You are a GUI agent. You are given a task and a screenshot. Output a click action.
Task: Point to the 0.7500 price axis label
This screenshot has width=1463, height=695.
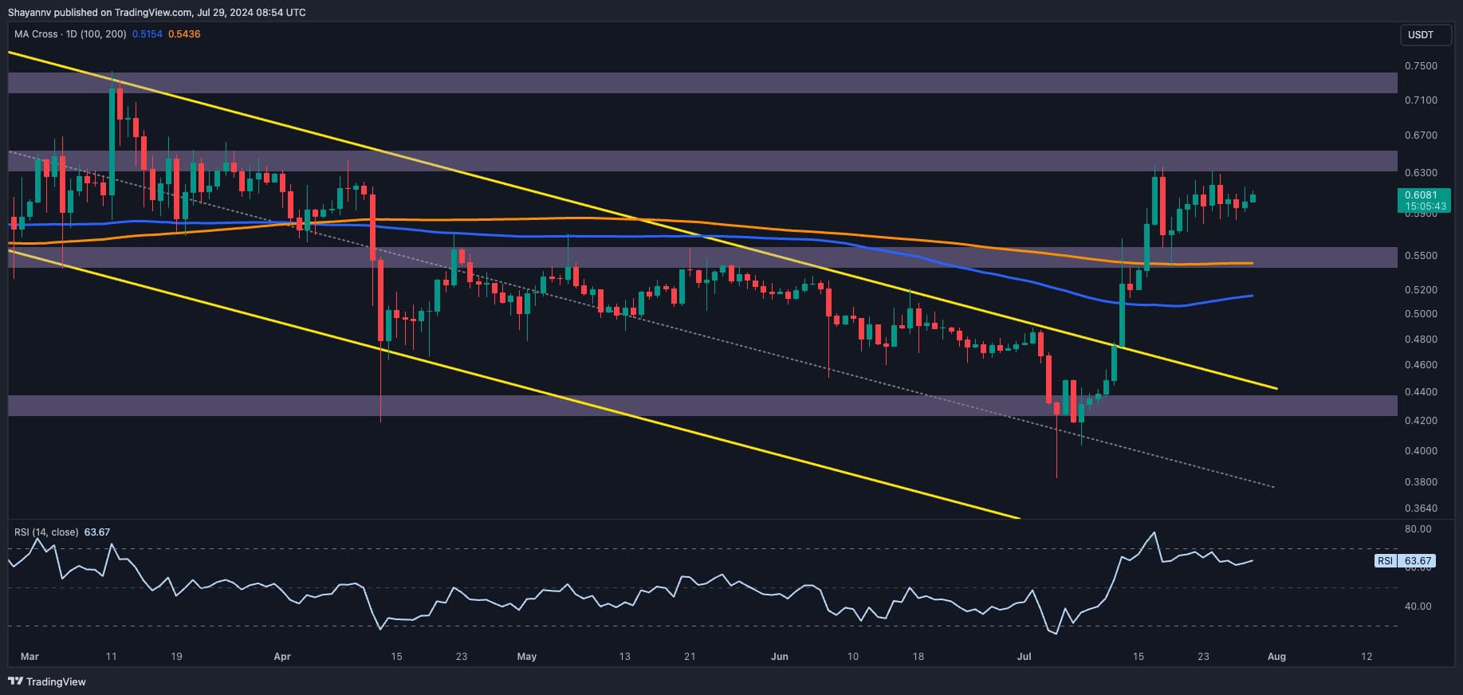click(1421, 65)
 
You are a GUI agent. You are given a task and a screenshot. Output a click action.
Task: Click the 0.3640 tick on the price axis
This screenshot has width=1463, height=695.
click(1421, 508)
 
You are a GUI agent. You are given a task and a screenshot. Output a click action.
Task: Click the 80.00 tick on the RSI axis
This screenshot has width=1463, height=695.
click(1418, 528)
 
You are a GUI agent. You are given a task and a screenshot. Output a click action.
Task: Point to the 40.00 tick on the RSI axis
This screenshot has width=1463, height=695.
click(1418, 606)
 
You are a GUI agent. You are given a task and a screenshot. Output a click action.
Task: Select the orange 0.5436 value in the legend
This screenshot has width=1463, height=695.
click(184, 34)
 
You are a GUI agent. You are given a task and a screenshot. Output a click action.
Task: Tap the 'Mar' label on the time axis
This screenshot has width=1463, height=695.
click(29, 657)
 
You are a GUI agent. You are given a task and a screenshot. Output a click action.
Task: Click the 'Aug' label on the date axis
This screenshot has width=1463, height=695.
click(1276, 657)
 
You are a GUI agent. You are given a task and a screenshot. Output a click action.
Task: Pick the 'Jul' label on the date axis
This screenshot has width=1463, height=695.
click(1024, 657)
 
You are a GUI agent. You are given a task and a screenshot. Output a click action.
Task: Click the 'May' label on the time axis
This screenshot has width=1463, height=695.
click(526, 657)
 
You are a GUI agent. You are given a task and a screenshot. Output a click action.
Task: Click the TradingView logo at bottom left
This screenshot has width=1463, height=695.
click(48, 681)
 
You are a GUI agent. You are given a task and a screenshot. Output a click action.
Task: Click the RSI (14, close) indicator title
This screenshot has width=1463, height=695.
click(46, 532)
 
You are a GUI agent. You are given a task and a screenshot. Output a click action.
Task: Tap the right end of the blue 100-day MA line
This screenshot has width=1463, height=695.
click(1252, 296)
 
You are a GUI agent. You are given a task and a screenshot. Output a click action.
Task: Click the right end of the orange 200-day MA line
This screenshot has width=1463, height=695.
click(1252, 263)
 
